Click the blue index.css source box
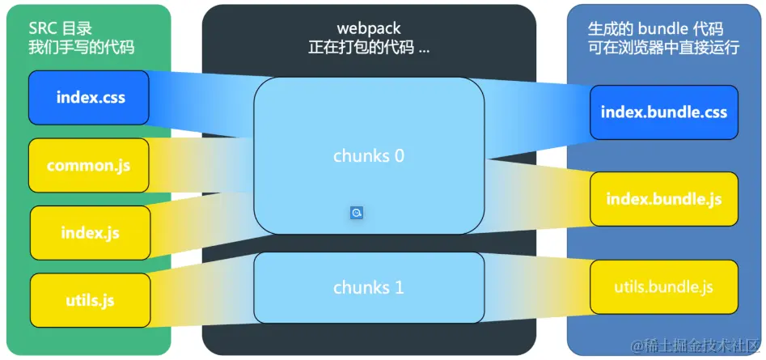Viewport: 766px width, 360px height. tap(89, 98)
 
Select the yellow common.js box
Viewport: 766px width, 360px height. tap(89, 166)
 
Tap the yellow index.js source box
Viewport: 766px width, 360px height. tap(91, 233)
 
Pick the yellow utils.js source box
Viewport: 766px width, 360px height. tap(91, 300)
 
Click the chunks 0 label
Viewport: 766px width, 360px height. tap(368, 155)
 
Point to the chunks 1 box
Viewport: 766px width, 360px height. tap(368, 287)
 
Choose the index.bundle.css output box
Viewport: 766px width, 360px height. tap(663, 112)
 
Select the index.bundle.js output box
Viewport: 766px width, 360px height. tap(663, 199)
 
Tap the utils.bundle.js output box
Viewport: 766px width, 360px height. tap(663, 287)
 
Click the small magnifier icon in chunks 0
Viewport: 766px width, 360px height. tap(357, 213)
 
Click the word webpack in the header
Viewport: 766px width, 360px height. tap(369, 30)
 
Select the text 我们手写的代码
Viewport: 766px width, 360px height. tap(81, 48)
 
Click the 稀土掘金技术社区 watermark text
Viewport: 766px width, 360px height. tap(697, 346)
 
